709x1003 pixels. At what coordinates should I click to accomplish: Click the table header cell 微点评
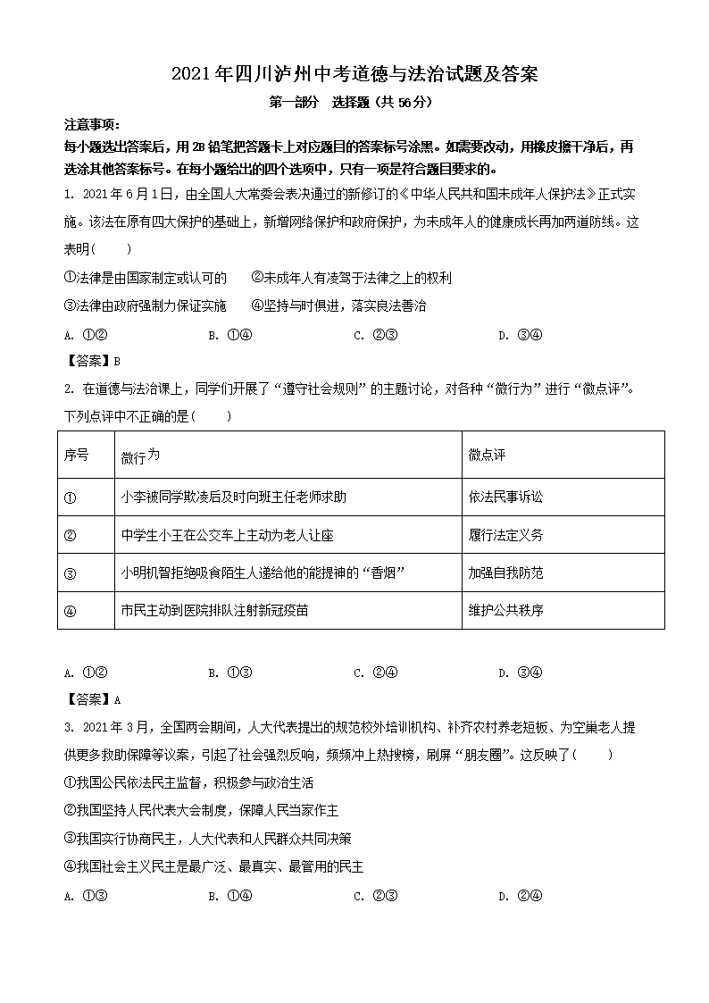click(x=487, y=456)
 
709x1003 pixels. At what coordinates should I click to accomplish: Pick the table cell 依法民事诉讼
click(x=505, y=497)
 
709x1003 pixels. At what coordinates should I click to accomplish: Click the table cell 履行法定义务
click(x=505, y=535)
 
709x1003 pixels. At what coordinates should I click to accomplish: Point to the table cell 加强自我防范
click(x=505, y=573)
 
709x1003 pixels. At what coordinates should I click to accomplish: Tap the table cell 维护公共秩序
click(x=505, y=611)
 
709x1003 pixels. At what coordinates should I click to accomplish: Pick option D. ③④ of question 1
click(x=520, y=336)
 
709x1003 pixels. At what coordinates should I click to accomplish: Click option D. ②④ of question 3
click(x=520, y=897)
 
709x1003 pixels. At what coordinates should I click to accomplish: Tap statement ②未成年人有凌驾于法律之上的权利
click(x=351, y=278)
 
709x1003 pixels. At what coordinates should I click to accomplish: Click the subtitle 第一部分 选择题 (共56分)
click(x=351, y=102)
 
